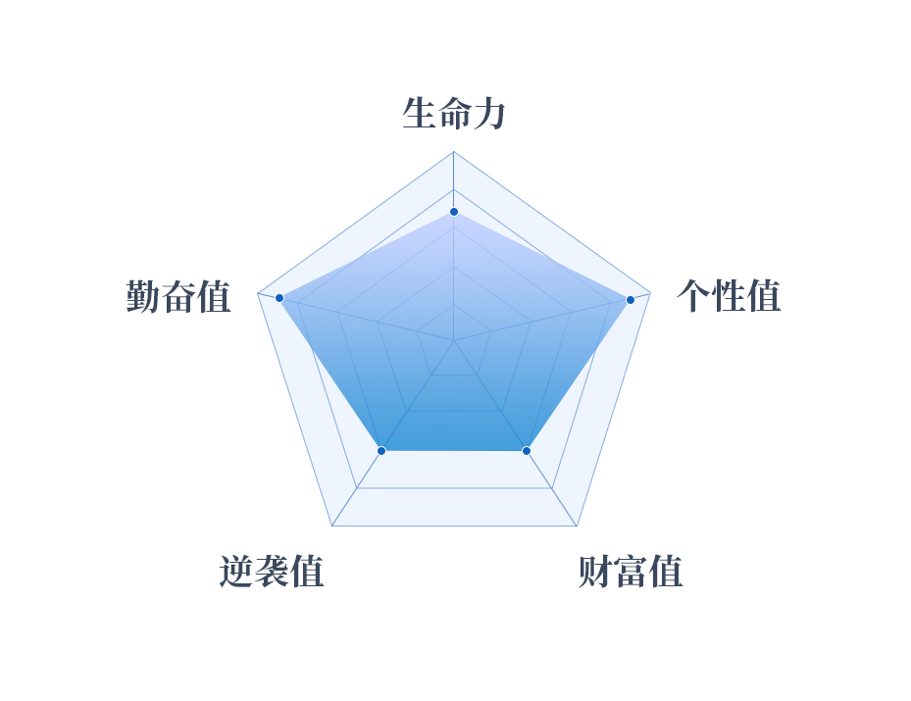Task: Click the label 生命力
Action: coord(454,114)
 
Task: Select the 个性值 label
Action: coord(729,296)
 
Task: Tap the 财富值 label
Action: coord(631,572)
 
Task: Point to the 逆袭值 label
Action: coord(272,572)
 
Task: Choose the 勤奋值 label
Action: coord(178,296)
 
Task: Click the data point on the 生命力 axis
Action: coord(454,212)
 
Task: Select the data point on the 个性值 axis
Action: coord(631,300)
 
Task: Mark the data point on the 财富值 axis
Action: coord(527,451)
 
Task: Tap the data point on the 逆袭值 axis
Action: coord(381,451)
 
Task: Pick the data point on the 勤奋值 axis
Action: coord(279,298)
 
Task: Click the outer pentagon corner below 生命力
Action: coord(454,152)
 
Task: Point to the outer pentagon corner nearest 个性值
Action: coord(650,293)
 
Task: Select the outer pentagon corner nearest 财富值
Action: coord(577,526)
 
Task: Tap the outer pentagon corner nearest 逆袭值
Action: coord(331,526)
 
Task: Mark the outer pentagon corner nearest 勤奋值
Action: coord(257,293)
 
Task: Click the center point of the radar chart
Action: coord(454,340)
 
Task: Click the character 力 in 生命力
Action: coord(489,114)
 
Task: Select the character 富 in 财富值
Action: coord(631,572)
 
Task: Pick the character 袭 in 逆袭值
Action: coord(272,572)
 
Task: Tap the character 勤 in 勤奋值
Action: coord(143,296)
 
